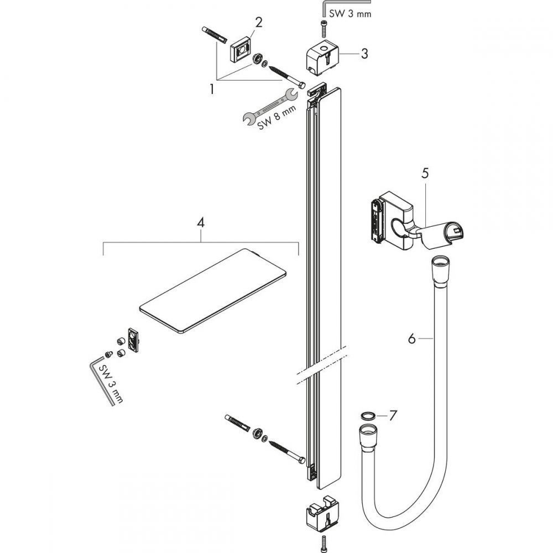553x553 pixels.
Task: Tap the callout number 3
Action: click(364, 54)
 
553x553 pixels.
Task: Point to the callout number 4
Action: click(201, 223)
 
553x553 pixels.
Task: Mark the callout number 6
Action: click(411, 338)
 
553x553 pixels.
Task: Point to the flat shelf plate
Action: click(213, 290)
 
